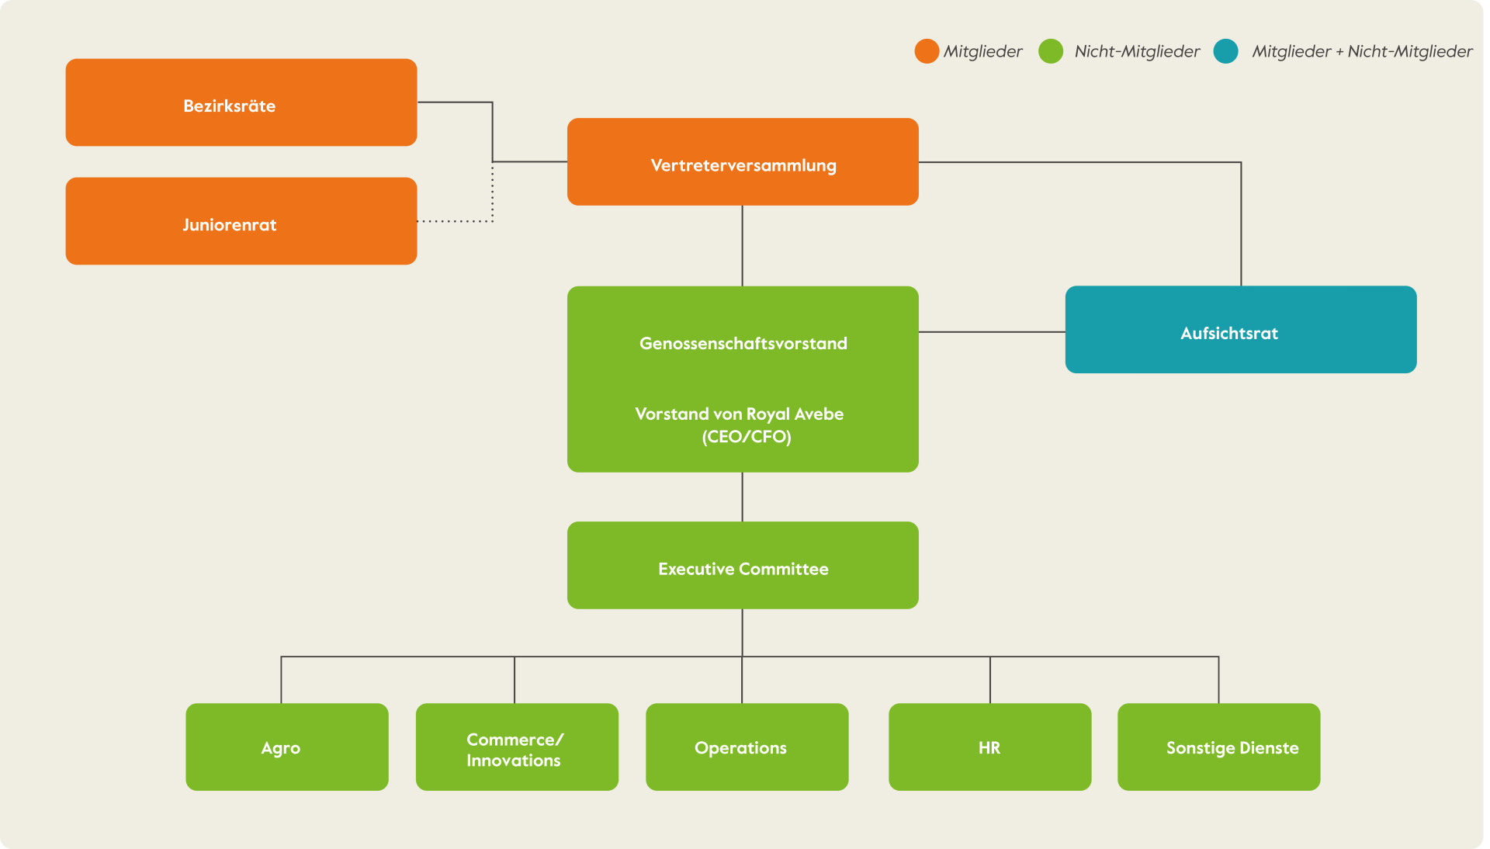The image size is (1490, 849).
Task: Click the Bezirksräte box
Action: [241, 102]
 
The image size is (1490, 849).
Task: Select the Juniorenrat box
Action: [241, 221]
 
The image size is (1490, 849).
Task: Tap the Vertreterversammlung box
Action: [743, 161]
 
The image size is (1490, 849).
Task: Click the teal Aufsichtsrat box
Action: [1241, 330]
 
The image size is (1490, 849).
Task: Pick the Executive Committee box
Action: [743, 565]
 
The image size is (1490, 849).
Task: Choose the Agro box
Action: [287, 747]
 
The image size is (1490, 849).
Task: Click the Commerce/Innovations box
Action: [517, 747]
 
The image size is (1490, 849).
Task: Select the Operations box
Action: [747, 747]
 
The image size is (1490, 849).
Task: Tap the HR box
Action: [990, 747]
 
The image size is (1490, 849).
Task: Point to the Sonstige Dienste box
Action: [1219, 747]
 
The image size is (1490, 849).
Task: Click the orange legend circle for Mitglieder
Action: [927, 51]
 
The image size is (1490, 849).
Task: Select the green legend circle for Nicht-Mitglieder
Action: [1051, 51]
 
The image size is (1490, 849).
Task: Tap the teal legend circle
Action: [1226, 51]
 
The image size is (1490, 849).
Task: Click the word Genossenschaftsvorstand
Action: [743, 344]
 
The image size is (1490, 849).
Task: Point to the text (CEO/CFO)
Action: [747, 437]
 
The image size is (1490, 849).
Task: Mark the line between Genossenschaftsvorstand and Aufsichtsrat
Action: [992, 332]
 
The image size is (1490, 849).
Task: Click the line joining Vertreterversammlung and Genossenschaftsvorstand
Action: [743, 246]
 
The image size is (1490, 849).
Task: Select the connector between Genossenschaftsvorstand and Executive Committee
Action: [743, 497]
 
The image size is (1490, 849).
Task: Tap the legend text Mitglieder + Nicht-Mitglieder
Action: [1362, 52]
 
